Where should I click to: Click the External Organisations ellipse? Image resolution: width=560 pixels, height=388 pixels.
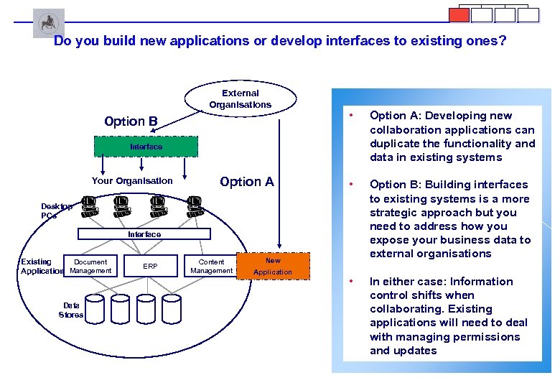(241, 99)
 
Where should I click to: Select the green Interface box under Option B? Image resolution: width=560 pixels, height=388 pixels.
(146, 147)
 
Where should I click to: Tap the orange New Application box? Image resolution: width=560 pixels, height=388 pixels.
(273, 267)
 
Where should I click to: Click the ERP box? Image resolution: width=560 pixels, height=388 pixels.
(150, 266)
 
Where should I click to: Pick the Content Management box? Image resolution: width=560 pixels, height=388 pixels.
(211, 267)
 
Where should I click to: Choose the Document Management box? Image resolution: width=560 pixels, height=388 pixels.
(90, 267)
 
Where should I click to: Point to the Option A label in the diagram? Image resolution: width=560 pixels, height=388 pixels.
(247, 182)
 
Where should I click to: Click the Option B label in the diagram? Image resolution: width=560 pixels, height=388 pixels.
(131, 121)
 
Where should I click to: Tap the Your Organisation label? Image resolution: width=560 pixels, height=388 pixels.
(132, 181)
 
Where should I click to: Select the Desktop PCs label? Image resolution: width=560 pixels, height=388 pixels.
(56, 211)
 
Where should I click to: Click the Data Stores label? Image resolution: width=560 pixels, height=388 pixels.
(71, 310)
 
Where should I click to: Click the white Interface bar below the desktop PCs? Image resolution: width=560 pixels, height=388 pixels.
(144, 234)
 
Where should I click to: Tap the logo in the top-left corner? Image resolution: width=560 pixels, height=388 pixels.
(48, 23)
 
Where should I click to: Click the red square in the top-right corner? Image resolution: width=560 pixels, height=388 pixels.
(459, 15)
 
